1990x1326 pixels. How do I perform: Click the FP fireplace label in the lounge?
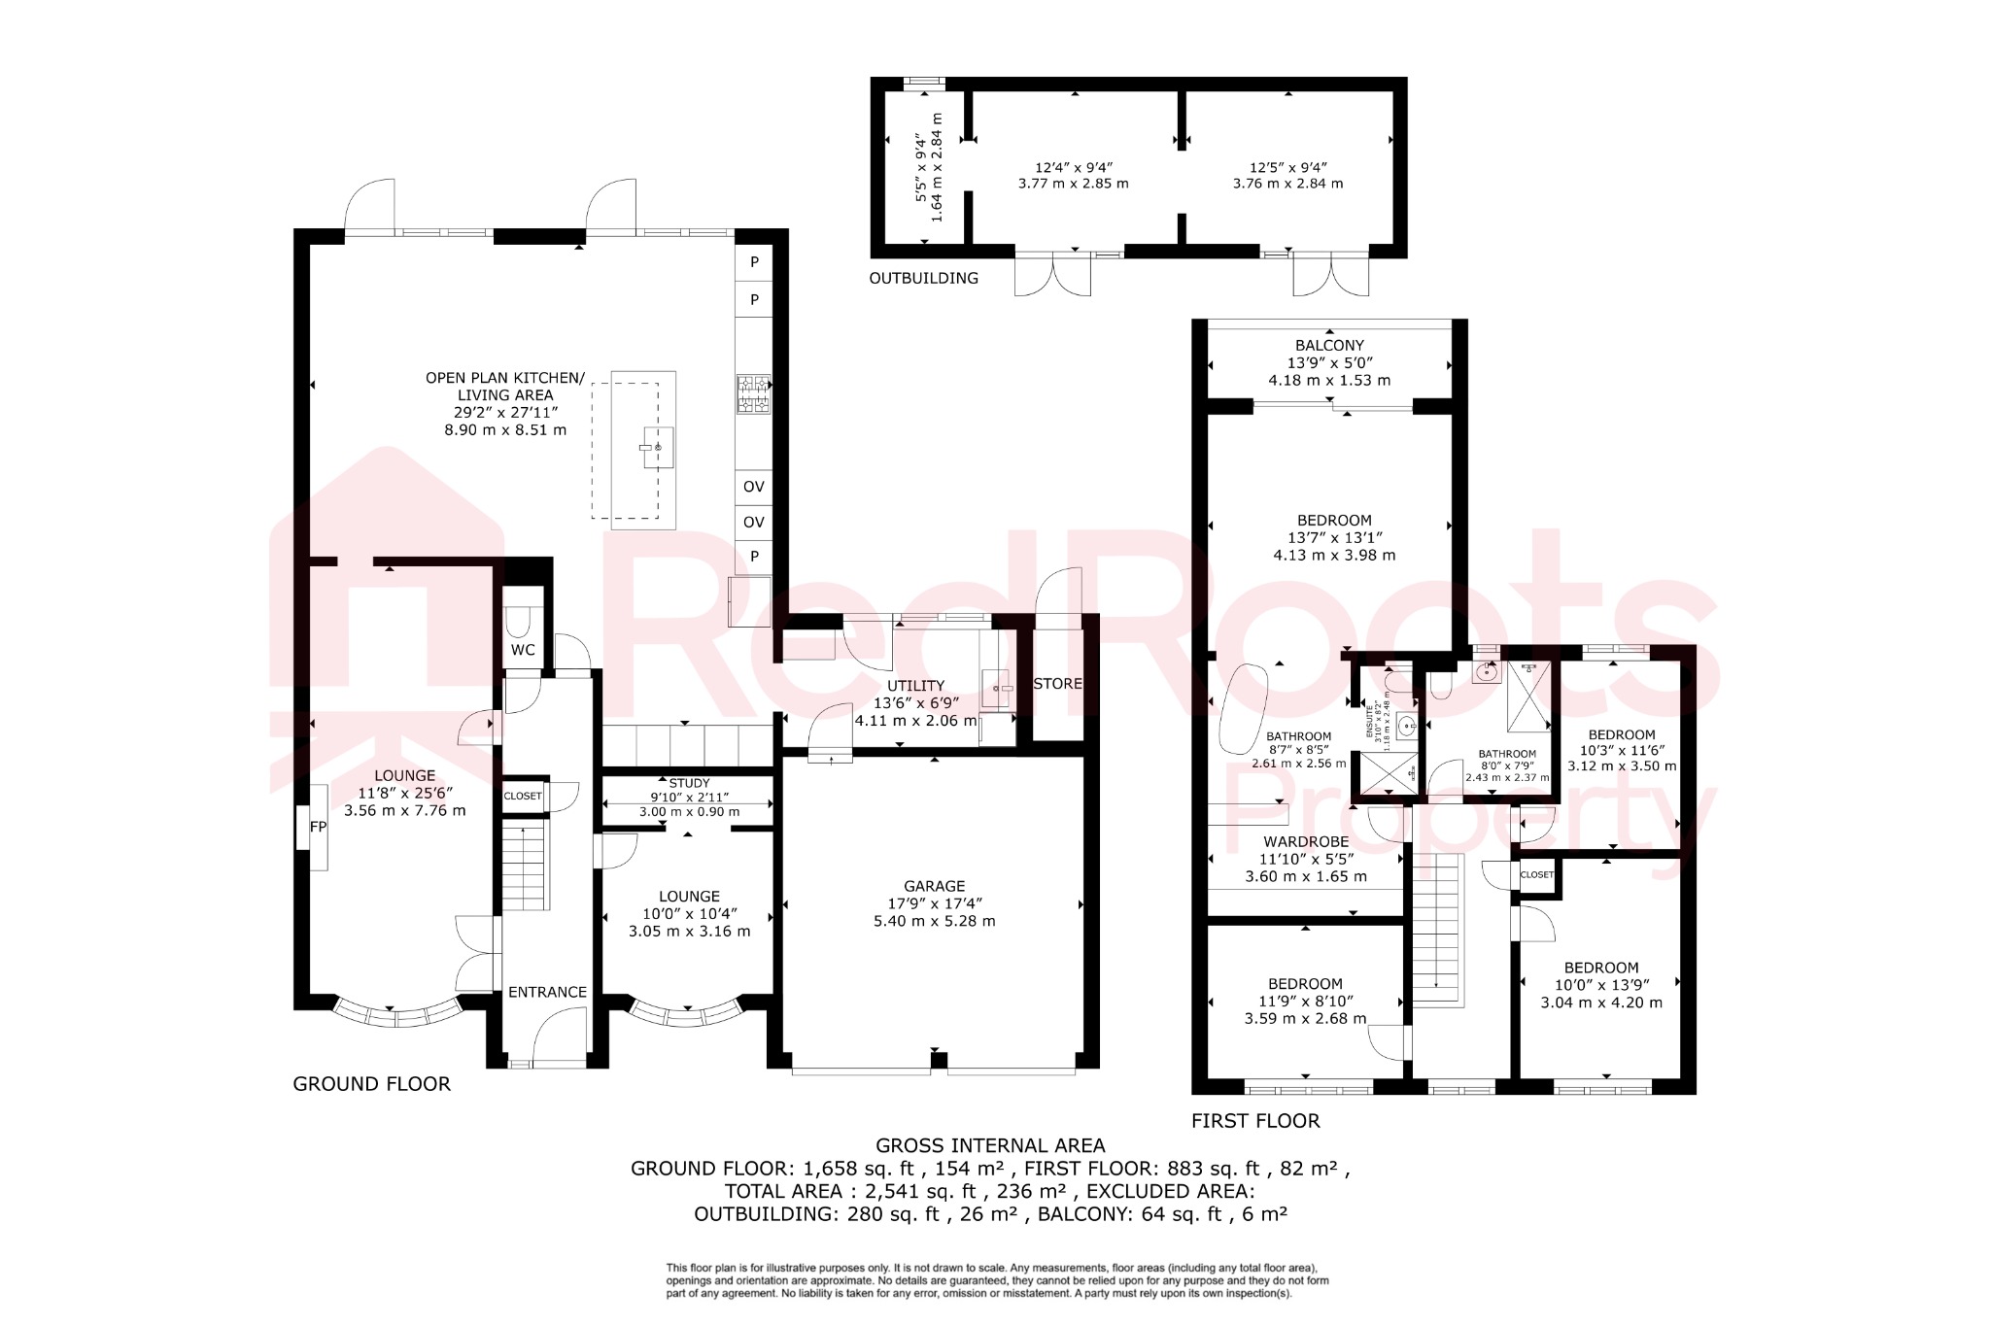point(318,827)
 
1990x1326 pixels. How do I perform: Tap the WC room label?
point(523,650)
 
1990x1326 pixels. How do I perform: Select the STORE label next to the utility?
point(1057,684)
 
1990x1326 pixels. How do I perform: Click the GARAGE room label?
point(934,886)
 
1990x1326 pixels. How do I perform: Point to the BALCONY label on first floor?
point(1329,346)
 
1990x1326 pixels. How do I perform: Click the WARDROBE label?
point(1306,841)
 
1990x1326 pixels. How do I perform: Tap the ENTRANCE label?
point(547,992)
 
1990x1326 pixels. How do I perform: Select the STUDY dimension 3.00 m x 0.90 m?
point(689,812)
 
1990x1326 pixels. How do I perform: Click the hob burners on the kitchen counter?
point(753,394)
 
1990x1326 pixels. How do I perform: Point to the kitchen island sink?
point(657,447)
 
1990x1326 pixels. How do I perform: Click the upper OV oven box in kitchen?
point(753,487)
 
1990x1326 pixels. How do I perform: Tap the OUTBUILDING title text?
point(923,279)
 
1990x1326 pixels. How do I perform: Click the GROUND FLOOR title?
point(371,1084)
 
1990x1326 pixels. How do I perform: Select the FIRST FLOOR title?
point(1255,1121)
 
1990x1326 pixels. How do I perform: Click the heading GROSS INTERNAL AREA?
point(990,1145)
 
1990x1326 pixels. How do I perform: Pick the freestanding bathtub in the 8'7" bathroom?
point(1243,708)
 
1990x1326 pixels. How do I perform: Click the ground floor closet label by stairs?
point(523,796)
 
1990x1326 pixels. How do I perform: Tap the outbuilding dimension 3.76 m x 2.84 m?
point(1287,184)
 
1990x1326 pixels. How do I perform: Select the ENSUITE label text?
point(1370,723)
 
